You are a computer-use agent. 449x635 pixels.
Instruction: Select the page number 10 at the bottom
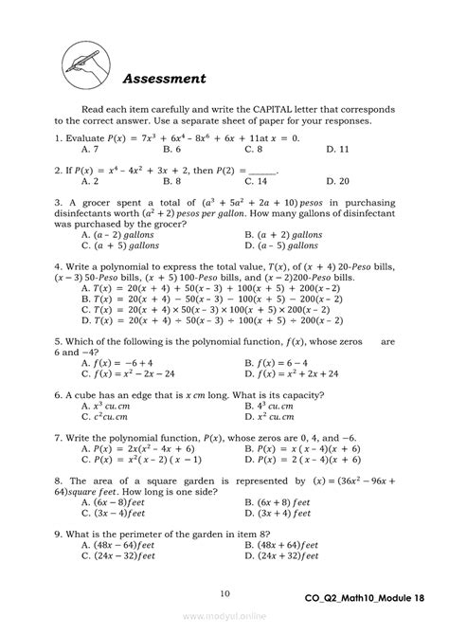pyautogui.click(x=224, y=594)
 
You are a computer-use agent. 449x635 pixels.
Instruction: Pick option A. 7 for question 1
pyautogui.click(x=91, y=150)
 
